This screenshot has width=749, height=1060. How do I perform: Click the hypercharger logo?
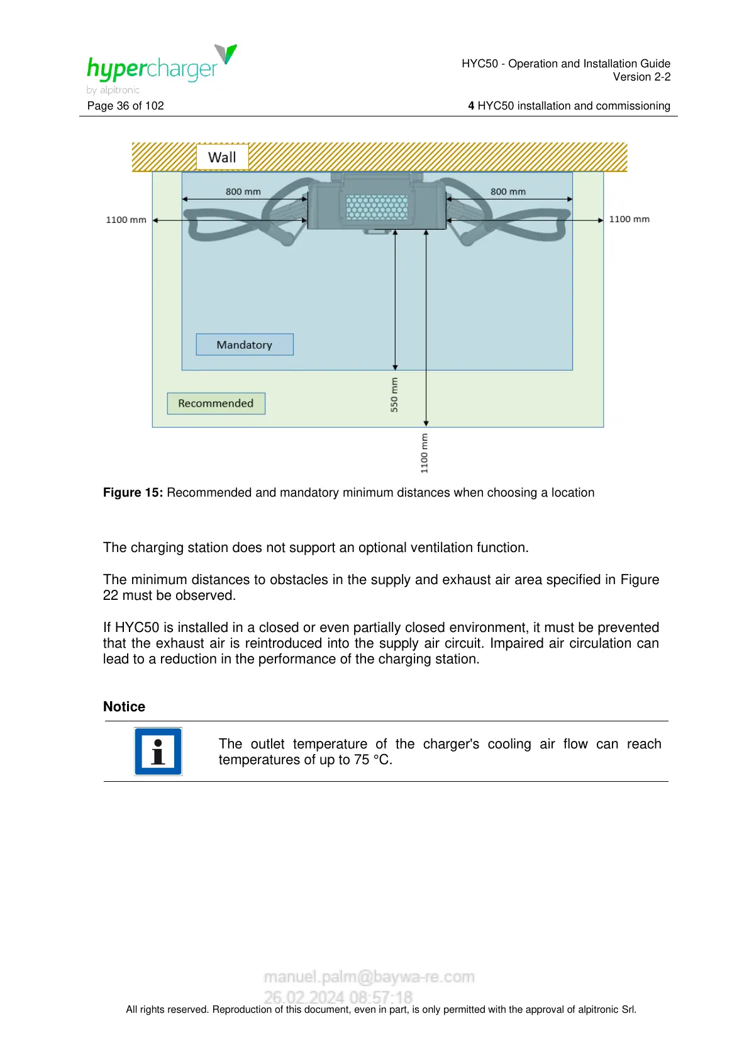(160, 68)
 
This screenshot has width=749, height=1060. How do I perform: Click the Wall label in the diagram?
(222, 157)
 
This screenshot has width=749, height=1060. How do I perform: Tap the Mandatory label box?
(245, 345)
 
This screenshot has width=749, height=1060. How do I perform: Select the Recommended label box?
(216, 403)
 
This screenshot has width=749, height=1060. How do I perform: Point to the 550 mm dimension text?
(394, 395)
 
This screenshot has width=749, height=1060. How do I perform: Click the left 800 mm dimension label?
(243, 191)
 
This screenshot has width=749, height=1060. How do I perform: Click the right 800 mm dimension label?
(508, 191)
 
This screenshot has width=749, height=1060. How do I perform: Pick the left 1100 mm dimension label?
(126, 220)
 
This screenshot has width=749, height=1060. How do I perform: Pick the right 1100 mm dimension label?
(630, 219)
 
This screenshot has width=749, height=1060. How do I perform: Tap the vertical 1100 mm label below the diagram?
(424, 453)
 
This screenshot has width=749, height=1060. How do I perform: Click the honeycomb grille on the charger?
(377, 206)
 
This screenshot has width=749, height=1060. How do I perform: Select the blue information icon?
(158, 752)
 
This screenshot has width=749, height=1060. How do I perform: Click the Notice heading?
(124, 707)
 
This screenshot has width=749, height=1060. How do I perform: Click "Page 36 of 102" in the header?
(126, 106)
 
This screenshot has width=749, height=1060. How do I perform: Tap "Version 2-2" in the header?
(641, 77)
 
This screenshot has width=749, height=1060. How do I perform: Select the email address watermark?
(369, 977)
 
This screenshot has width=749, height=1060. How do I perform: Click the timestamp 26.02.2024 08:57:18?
(338, 997)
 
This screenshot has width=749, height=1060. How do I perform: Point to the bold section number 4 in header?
(471, 106)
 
